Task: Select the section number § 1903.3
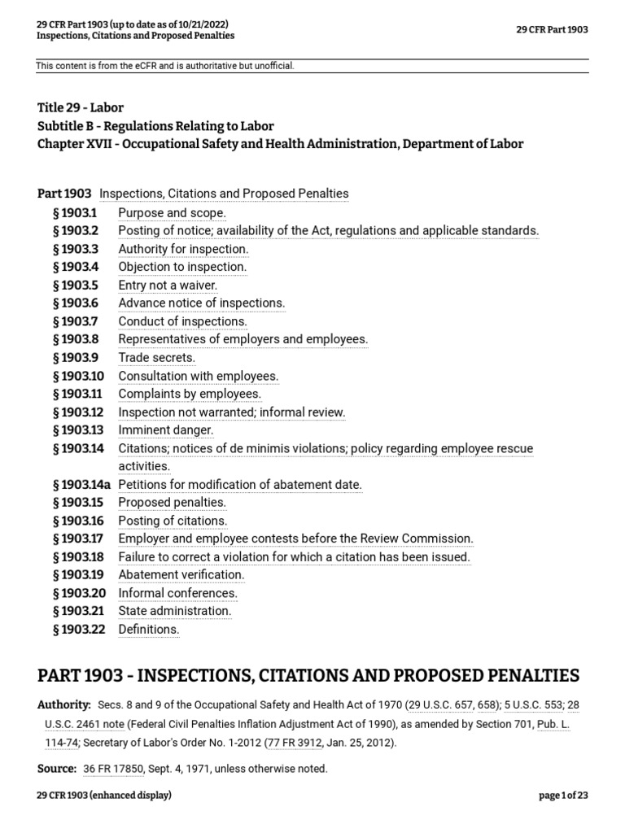pyautogui.click(x=75, y=249)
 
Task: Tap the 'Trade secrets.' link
pyautogui.click(x=157, y=357)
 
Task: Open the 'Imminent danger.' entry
pyautogui.click(x=166, y=430)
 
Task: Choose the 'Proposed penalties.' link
pyautogui.click(x=172, y=503)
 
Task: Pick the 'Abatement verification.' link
pyautogui.click(x=181, y=574)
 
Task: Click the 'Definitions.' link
pyautogui.click(x=149, y=629)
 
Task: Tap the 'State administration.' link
pyautogui.click(x=175, y=611)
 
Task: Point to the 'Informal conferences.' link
pyautogui.click(x=178, y=593)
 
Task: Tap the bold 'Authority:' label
pyautogui.click(x=64, y=704)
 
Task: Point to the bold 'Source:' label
pyautogui.click(x=57, y=768)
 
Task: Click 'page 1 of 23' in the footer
pyautogui.click(x=563, y=796)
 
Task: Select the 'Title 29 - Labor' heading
pyautogui.click(x=81, y=107)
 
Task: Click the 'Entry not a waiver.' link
pyautogui.click(x=168, y=285)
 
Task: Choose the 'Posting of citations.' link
pyautogui.click(x=173, y=521)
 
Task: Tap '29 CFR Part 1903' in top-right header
pyautogui.click(x=552, y=30)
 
